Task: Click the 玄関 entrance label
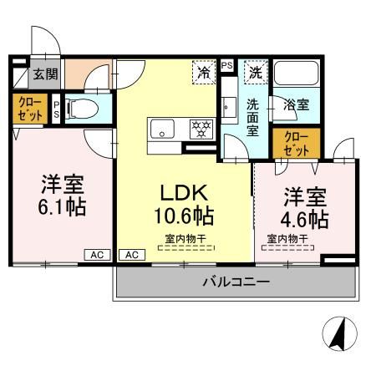click(x=45, y=74)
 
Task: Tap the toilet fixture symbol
click(x=77, y=109)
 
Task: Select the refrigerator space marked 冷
click(x=203, y=73)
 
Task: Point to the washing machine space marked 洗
click(x=255, y=73)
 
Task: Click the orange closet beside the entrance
click(x=29, y=109)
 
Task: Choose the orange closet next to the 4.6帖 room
click(x=295, y=144)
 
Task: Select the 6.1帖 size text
click(x=61, y=206)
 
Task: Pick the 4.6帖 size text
click(x=305, y=220)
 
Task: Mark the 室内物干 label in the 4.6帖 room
click(x=287, y=239)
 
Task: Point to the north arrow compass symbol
click(x=339, y=336)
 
